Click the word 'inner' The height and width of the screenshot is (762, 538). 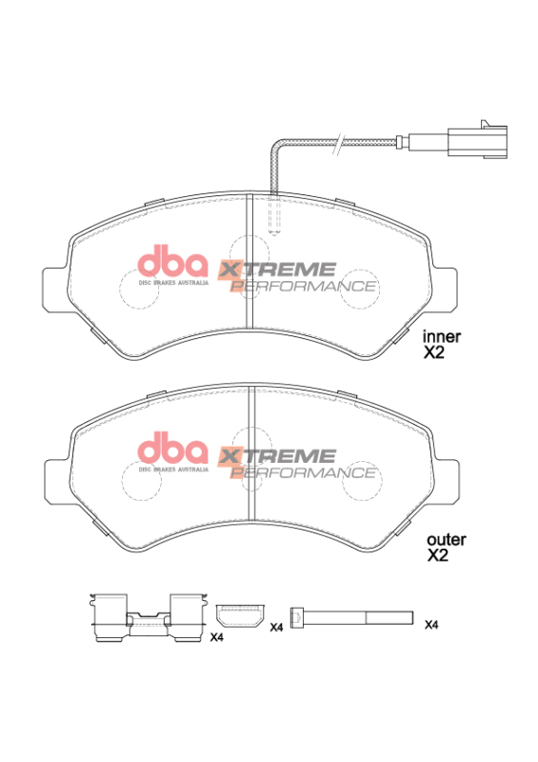pyautogui.click(x=442, y=335)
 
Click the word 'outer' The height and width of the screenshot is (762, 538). pyautogui.click(x=445, y=539)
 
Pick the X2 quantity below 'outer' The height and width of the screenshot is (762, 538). pyautogui.click(x=437, y=555)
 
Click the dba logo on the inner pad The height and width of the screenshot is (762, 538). pyautogui.click(x=172, y=262)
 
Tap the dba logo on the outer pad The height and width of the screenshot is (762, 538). pyautogui.click(x=172, y=449)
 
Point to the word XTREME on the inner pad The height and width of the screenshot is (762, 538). pyautogui.click(x=277, y=270)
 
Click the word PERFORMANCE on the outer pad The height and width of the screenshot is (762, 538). pyautogui.click(x=304, y=471)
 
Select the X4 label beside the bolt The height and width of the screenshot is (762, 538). pyautogui.click(x=431, y=625)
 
